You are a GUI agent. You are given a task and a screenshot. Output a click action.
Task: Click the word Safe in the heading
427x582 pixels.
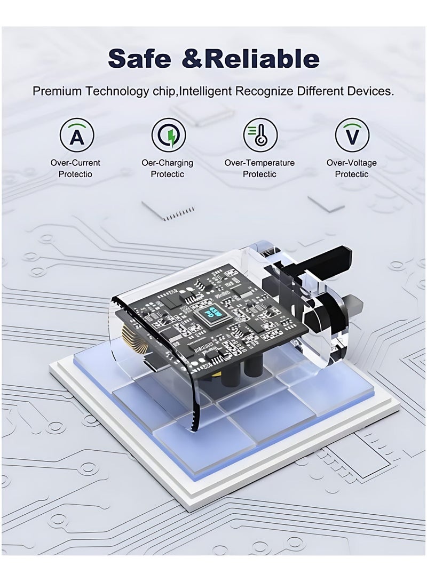click(140, 58)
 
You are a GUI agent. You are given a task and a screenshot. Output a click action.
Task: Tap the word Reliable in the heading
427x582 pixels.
click(262, 58)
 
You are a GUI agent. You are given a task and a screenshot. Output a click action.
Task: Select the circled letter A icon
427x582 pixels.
click(77, 135)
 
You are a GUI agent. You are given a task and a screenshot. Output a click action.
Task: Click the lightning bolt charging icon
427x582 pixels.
click(169, 135)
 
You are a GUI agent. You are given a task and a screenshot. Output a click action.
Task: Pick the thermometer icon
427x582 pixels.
click(260, 135)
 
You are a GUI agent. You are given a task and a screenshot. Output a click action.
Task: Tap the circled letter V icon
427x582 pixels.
click(352, 135)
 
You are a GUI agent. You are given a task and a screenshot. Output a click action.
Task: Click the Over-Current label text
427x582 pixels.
click(75, 163)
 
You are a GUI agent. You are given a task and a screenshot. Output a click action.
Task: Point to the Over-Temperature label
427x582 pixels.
click(259, 163)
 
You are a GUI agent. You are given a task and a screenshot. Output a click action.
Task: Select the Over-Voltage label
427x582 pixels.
click(352, 163)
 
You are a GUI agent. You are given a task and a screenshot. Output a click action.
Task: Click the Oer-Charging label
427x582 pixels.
click(168, 163)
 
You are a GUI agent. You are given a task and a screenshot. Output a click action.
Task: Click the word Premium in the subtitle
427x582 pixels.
click(57, 91)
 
